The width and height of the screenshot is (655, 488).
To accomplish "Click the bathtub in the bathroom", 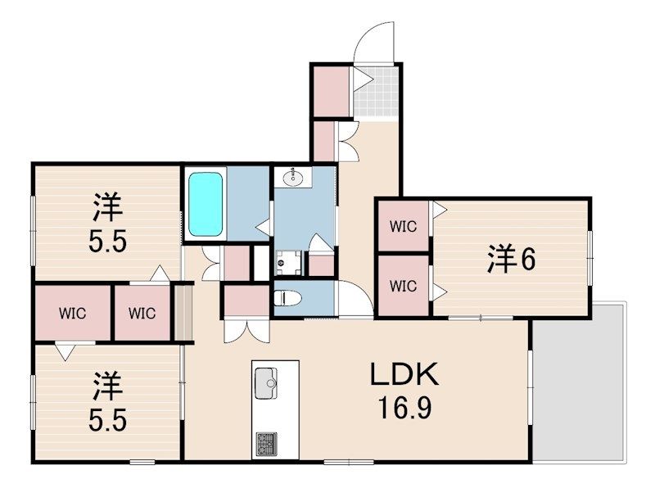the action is tap(206, 205).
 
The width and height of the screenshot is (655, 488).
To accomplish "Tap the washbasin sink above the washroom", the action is tap(293, 177).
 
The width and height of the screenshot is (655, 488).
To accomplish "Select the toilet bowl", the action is tap(288, 298).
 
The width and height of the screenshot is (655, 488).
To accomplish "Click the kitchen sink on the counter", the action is tap(265, 383).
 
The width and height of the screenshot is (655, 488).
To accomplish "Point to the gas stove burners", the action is tap(265, 444).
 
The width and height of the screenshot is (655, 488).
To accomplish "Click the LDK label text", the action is tap(404, 375).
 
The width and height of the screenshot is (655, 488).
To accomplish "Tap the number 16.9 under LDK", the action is tap(404, 408).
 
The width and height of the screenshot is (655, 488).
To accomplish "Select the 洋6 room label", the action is tap(511, 260).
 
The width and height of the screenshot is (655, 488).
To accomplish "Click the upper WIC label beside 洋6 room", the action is tap(403, 227).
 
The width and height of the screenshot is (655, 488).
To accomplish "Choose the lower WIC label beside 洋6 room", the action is tap(403, 287).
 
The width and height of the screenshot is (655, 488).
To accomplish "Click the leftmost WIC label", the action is tap(72, 313).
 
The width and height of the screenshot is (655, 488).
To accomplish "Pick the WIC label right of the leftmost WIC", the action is tap(142, 313).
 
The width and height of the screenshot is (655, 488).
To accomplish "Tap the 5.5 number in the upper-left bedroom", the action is tap(107, 242).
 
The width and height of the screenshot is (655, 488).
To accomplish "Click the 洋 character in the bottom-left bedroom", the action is tap(107, 386).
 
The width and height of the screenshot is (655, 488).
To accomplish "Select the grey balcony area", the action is tap(580, 382).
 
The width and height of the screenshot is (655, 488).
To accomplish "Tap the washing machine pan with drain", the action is tap(288, 262).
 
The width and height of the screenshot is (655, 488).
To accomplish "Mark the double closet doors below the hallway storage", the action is tap(246, 332).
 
